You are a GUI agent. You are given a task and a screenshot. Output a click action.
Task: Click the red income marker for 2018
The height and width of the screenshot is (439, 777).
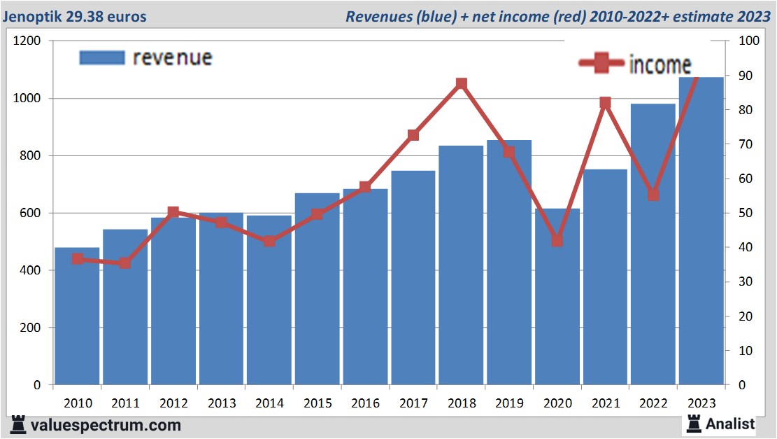(x=461, y=84)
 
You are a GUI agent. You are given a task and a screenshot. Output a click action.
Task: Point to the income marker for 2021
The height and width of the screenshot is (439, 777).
(x=605, y=103)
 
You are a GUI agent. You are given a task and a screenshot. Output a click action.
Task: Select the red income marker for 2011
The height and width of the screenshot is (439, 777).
(x=124, y=263)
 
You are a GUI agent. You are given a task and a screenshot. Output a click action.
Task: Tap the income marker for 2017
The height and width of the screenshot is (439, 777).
(x=413, y=135)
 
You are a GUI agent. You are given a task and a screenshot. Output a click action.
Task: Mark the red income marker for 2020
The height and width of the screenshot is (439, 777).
(x=557, y=241)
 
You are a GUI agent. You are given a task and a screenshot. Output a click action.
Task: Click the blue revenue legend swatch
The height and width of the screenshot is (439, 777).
(x=101, y=57)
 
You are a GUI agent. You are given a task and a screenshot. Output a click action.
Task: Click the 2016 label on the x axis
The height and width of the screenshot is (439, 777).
(x=365, y=403)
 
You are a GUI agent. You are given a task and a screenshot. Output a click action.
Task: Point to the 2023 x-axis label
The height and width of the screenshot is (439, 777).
(x=701, y=403)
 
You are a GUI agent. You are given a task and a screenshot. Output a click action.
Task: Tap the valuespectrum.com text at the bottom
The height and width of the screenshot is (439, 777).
(x=106, y=425)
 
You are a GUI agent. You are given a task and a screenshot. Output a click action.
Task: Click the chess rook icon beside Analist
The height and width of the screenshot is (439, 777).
(x=694, y=423)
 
